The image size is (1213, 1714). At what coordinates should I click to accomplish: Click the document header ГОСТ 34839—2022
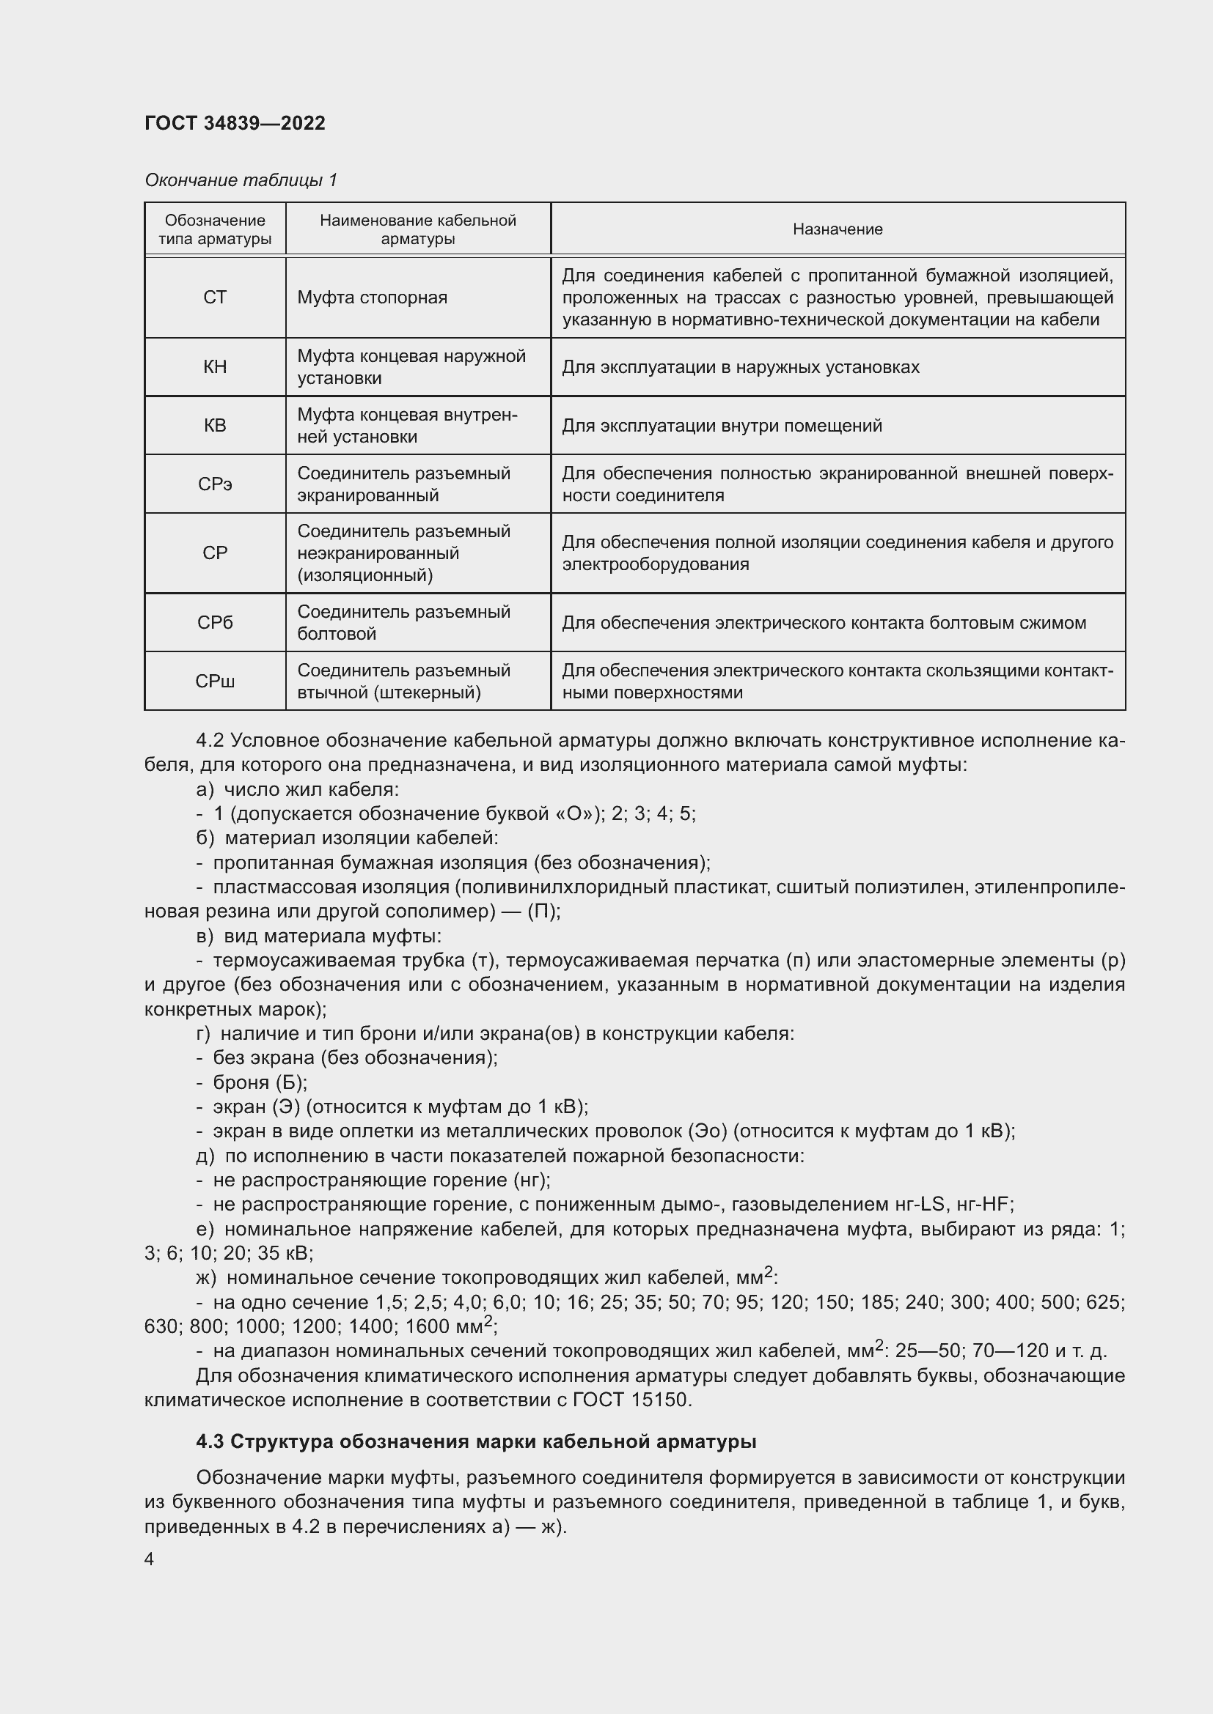[x=235, y=123]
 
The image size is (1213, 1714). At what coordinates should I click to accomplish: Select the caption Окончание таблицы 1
[x=241, y=180]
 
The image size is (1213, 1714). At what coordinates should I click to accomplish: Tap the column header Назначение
[x=838, y=229]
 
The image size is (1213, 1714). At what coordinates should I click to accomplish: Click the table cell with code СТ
[x=215, y=298]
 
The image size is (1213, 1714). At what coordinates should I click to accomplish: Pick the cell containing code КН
[x=215, y=367]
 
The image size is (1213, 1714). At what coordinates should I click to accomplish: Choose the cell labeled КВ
[x=215, y=426]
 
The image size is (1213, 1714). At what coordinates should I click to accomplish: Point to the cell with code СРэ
[x=215, y=484]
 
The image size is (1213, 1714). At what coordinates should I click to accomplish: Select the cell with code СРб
[x=215, y=623]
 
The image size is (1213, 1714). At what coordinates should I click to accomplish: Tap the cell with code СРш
[x=215, y=681]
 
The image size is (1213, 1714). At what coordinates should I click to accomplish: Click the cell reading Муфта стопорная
[x=372, y=298]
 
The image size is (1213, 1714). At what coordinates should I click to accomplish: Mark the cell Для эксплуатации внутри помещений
[x=722, y=426]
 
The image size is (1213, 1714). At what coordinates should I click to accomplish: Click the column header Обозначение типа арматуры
[x=215, y=229]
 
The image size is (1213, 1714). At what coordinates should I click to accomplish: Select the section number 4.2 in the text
[x=210, y=740]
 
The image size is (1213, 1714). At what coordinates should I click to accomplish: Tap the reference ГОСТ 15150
[x=631, y=1399]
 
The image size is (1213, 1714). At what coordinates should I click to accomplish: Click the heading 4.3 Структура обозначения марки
[x=476, y=1441]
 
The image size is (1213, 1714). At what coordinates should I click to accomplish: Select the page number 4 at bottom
[x=150, y=1559]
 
